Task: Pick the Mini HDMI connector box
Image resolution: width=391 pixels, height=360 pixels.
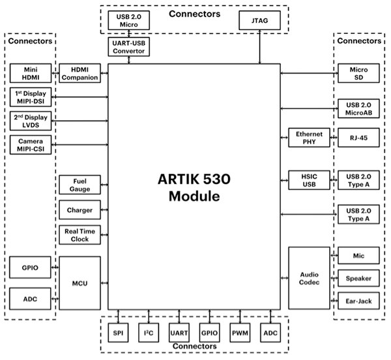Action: point(30,73)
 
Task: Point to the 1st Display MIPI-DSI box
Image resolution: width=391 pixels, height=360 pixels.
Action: point(30,97)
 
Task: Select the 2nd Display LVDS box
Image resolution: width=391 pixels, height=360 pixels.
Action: point(30,121)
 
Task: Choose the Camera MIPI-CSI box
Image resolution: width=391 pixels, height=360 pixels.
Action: point(30,145)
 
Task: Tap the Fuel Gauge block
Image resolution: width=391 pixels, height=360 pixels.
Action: point(80,185)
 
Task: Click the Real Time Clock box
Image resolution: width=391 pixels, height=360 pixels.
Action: point(80,235)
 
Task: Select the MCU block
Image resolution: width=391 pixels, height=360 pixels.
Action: point(80,283)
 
